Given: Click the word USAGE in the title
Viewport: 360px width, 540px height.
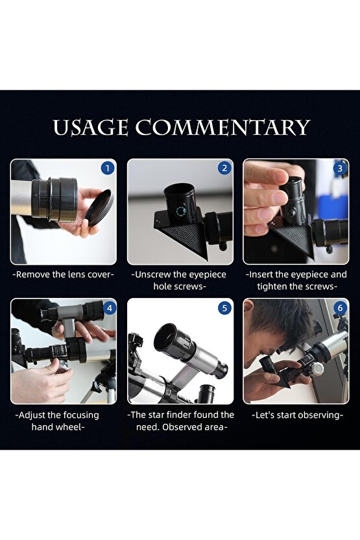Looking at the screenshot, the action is pyautogui.click(x=91, y=127).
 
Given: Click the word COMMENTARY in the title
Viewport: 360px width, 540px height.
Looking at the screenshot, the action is pyautogui.click(x=222, y=127).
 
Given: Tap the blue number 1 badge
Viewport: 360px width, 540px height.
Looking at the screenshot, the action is pyautogui.click(x=108, y=168).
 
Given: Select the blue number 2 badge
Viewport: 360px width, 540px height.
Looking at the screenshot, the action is pyautogui.click(x=224, y=168).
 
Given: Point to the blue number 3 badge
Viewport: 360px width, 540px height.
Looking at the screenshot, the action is pyautogui.click(x=340, y=168).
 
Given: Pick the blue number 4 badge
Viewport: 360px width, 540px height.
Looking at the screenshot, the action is pyautogui.click(x=109, y=308).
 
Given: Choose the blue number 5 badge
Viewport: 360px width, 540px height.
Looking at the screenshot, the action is pyautogui.click(x=224, y=308).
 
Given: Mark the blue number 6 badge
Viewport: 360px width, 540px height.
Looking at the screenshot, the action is pyautogui.click(x=340, y=308).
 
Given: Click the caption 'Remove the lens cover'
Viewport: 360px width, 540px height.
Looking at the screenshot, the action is pyautogui.click(x=64, y=275).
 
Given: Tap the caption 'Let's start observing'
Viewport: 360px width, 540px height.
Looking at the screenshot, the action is pyautogui.click(x=297, y=415).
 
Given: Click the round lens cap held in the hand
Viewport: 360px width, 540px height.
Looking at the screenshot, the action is pyautogui.click(x=100, y=208).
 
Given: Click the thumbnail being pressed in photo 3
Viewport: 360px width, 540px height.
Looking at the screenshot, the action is pyautogui.click(x=280, y=197).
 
